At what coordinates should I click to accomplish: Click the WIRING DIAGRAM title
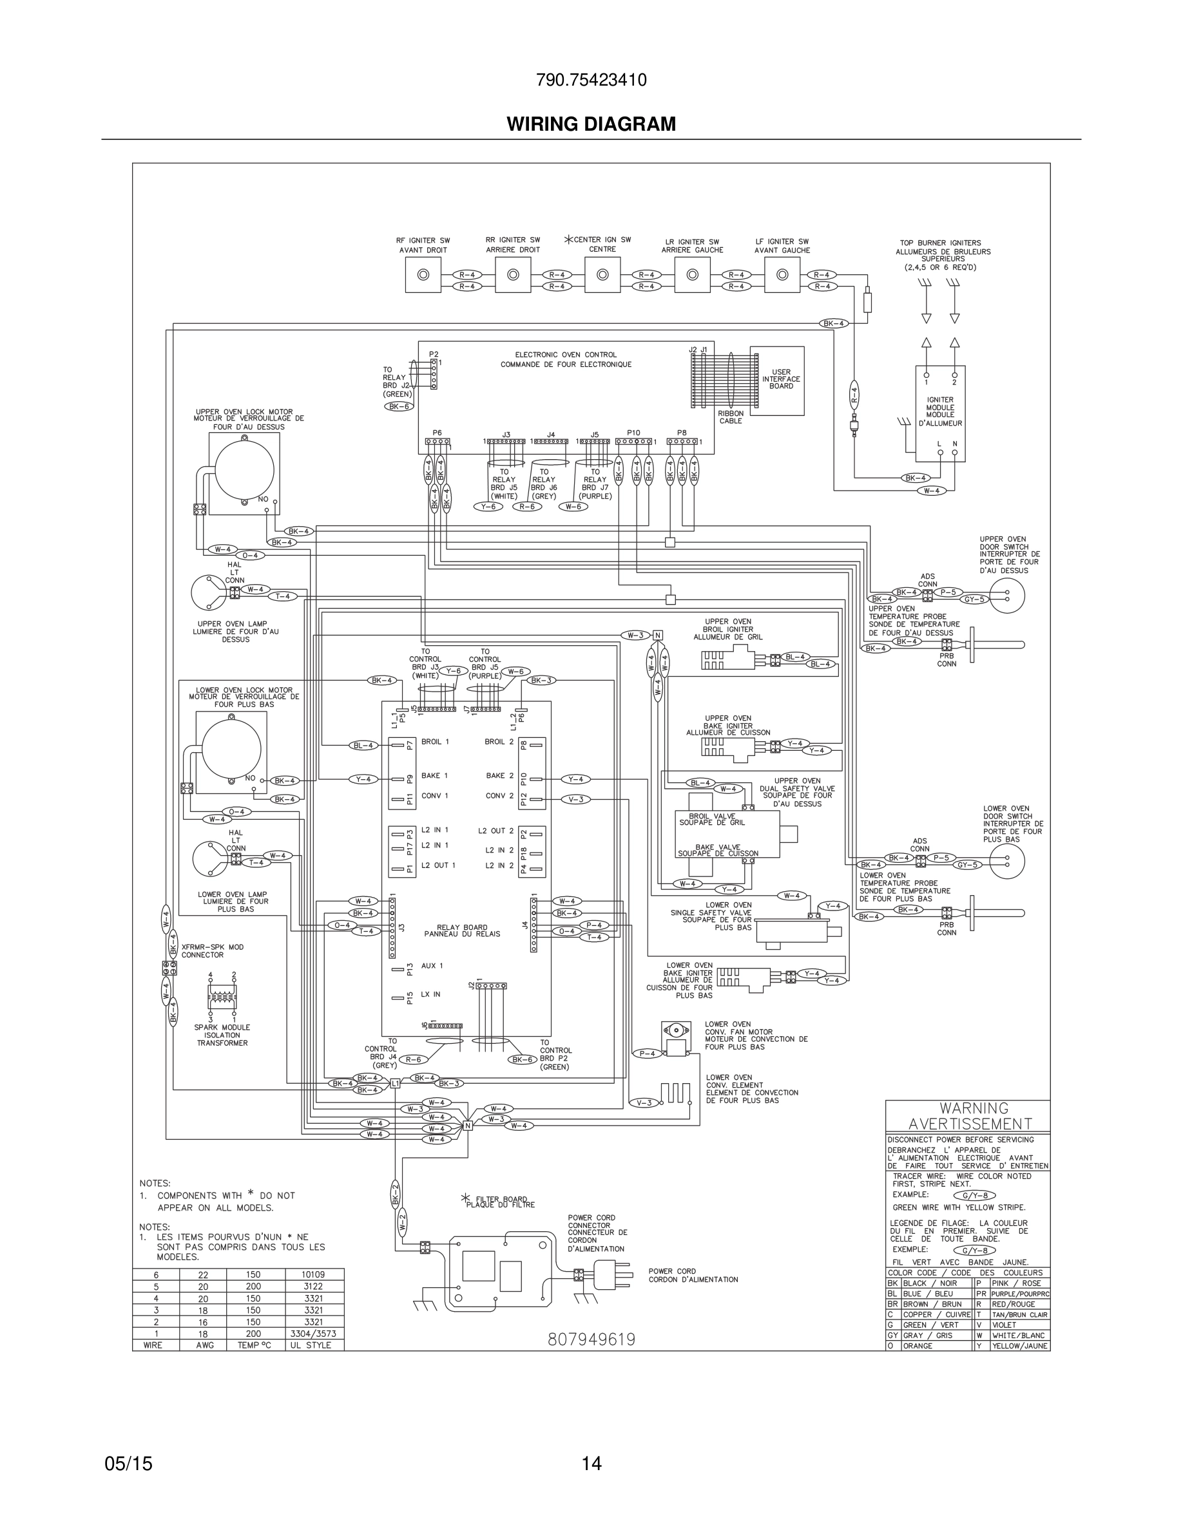pos(591,124)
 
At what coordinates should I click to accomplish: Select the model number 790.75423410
pos(591,80)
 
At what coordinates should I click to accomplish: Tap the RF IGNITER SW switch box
pos(423,274)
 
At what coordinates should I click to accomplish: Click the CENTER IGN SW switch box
pos(602,274)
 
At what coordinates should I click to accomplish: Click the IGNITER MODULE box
pos(940,413)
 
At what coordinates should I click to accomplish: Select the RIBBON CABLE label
pos(730,417)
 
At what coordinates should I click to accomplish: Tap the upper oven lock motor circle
pos(245,470)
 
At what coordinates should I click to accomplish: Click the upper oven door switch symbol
pos(1006,596)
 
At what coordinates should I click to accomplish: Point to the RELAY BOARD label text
pos(462,930)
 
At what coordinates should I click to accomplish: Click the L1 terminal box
pos(394,1083)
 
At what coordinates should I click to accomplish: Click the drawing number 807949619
pos(591,1339)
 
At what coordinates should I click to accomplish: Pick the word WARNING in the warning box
pos(974,1109)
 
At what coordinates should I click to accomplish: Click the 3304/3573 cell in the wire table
pos(313,1333)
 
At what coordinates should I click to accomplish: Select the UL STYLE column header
pos(313,1345)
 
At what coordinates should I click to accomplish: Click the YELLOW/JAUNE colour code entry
pos(1019,1346)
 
